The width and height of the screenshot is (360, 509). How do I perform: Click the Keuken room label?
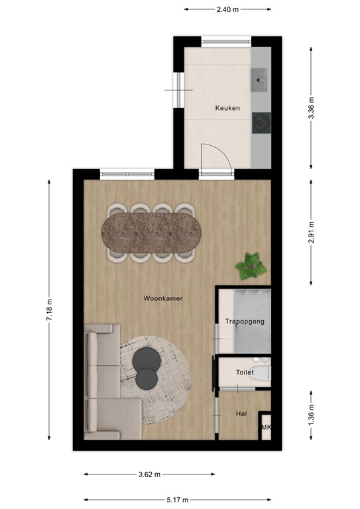pyautogui.click(x=227, y=108)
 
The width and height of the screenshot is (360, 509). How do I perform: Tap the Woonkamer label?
pyautogui.click(x=163, y=299)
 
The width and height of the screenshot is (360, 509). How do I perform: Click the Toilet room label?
pyautogui.click(x=245, y=373)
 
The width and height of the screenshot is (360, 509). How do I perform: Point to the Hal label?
pyautogui.click(x=241, y=414)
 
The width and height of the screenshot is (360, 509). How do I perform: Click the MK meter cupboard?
pyautogui.click(x=266, y=427)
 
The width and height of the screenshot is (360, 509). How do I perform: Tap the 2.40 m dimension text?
pyautogui.click(x=227, y=10)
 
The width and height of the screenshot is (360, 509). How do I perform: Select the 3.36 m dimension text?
pyautogui.click(x=311, y=108)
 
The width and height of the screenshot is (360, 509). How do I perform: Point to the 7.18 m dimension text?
pyautogui.click(x=49, y=310)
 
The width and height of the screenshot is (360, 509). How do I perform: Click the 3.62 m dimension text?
pyautogui.click(x=149, y=475)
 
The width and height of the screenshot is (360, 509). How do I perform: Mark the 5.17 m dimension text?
pyautogui.click(x=177, y=500)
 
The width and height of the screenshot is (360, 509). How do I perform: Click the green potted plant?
pyautogui.click(x=251, y=266)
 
